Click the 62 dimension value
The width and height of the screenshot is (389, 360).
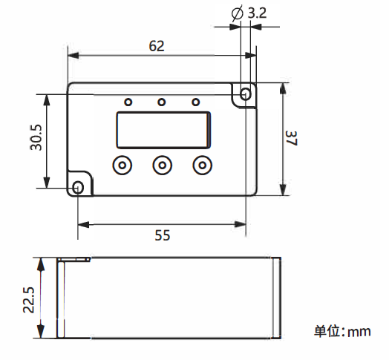(x=156, y=45)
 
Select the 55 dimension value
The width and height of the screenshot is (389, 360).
(x=162, y=235)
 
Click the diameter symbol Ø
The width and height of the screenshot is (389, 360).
(x=238, y=13)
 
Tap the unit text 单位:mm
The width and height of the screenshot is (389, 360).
(x=342, y=331)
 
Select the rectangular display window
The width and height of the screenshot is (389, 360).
(x=163, y=131)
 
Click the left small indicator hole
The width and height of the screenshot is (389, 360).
(x=128, y=102)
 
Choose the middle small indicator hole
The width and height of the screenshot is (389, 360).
(x=161, y=102)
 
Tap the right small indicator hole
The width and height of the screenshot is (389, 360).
(x=196, y=102)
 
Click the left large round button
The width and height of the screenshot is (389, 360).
(x=122, y=165)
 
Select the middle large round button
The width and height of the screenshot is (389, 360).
(x=162, y=165)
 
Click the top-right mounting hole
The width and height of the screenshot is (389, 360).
(x=246, y=94)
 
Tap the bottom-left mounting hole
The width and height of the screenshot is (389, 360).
(x=78, y=186)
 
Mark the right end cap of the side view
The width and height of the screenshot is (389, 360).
(x=279, y=298)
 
